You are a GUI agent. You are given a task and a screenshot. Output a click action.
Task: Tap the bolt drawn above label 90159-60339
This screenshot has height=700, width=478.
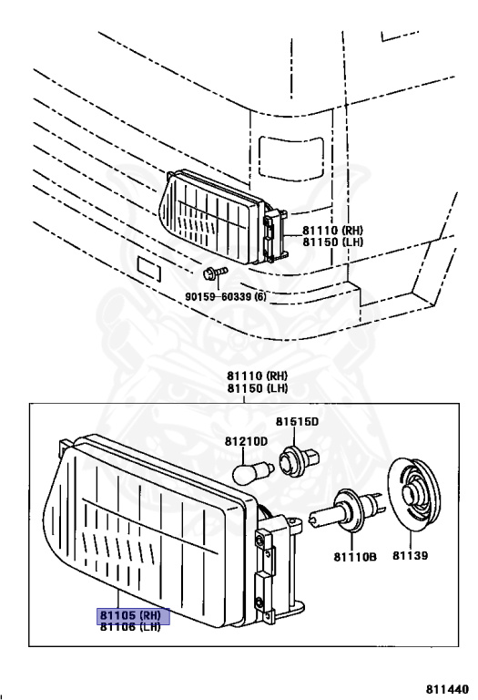(216, 273)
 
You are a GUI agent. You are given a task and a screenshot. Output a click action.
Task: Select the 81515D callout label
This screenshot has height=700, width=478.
(297, 421)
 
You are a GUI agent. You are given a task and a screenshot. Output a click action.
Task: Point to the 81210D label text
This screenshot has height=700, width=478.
(246, 441)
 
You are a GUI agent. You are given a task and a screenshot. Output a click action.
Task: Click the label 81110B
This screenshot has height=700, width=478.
(355, 557)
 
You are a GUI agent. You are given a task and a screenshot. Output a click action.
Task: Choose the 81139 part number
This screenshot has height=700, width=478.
(411, 555)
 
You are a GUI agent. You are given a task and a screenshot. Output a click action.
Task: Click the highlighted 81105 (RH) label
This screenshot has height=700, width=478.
(134, 615)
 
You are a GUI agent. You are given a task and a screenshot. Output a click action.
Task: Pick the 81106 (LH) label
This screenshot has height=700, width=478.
(130, 626)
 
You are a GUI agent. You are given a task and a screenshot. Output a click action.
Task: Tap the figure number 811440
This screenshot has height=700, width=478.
(447, 689)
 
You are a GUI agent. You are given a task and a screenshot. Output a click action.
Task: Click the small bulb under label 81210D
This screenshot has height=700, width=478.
(252, 473)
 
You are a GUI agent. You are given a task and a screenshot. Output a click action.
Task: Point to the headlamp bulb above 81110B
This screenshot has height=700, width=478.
(346, 510)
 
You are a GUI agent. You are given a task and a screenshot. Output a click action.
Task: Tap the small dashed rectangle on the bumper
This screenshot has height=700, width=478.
(148, 269)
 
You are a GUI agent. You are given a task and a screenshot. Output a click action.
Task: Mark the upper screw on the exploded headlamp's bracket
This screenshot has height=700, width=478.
(259, 541)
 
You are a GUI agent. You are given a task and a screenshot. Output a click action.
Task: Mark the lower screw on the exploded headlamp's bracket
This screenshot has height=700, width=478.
(259, 604)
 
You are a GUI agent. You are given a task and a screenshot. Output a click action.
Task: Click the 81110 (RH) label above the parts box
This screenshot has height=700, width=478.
(258, 376)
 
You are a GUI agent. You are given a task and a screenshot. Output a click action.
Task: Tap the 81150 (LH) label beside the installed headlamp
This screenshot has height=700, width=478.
(332, 242)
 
